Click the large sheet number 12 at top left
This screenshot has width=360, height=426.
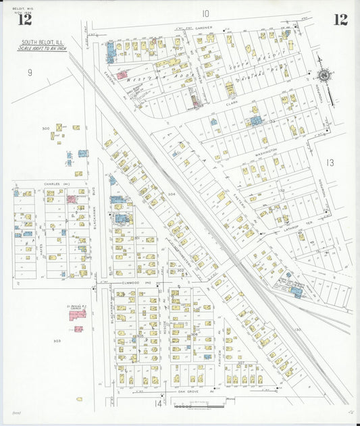pos(24,20)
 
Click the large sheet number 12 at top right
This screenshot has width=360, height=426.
pos(340,20)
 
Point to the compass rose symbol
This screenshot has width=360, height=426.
pos(324,76)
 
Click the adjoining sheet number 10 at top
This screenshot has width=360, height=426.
pos(205,14)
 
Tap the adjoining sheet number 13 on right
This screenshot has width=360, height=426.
pos(330,163)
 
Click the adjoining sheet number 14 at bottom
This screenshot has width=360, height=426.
pos(159,404)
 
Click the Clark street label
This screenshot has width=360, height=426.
pos(232,104)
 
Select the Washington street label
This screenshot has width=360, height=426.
pos(267,150)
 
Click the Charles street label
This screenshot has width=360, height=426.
pos(52,184)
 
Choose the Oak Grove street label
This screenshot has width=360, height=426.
pos(190,391)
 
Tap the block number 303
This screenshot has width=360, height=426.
pos(57,341)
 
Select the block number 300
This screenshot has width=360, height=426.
pos(46,128)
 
